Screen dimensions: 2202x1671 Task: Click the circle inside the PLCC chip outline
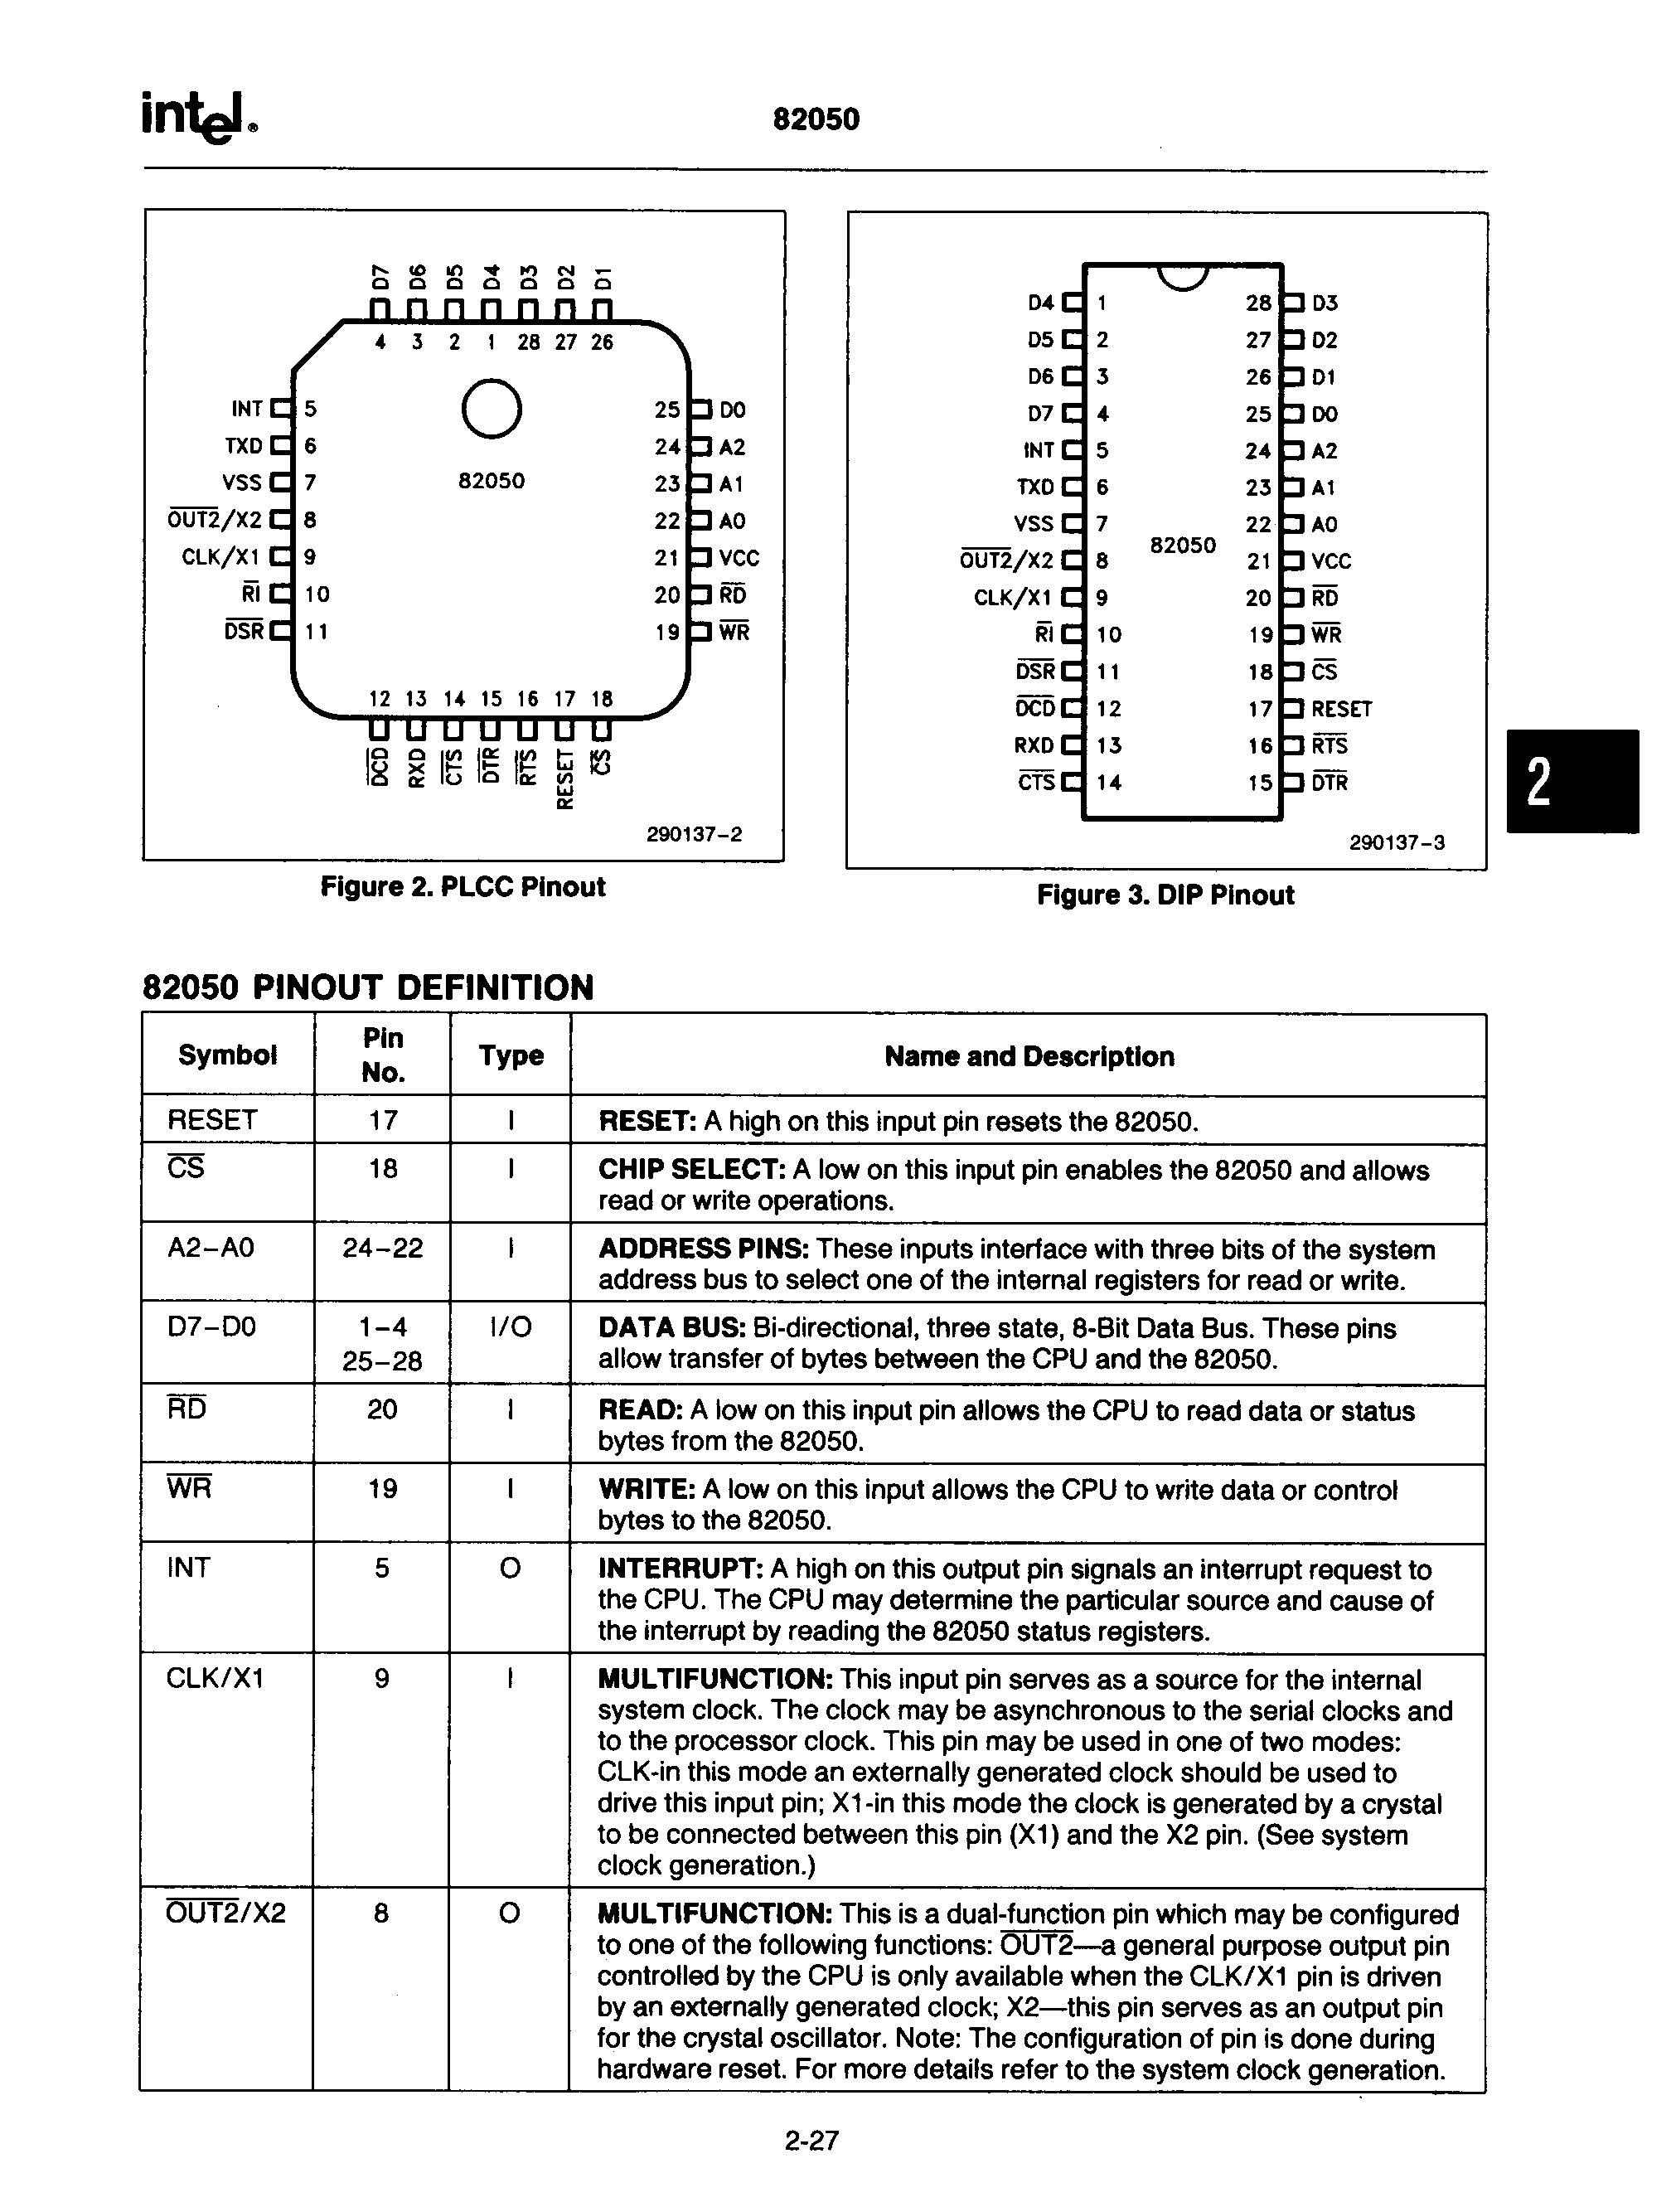[492, 409]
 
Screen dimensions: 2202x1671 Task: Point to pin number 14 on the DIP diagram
[1109, 783]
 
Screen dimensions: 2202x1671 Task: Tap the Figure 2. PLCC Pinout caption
[463, 887]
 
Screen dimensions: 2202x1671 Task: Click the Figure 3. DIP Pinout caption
[1165, 895]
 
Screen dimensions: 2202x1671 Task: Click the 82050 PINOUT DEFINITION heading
[368, 987]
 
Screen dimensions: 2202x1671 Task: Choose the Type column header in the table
[511, 1055]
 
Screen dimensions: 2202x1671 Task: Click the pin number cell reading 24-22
[382, 1248]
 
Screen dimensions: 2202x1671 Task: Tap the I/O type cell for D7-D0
[511, 1327]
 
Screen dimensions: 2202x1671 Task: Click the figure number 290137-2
[694, 834]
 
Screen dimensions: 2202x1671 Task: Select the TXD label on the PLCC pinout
[244, 446]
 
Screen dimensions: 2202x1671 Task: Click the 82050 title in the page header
[816, 119]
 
